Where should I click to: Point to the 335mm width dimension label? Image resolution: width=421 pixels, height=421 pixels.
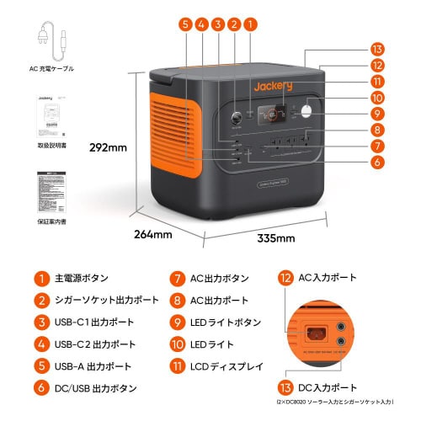click(x=275, y=238)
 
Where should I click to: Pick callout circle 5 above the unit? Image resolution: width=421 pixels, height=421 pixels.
click(x=185, y=24)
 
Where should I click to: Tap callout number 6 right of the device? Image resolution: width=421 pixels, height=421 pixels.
click(x=377, y=162)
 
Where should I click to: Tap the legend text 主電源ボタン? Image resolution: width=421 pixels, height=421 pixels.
click(x=82, y=278)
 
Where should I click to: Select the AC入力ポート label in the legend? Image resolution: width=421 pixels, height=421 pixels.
click(x=328, y=277)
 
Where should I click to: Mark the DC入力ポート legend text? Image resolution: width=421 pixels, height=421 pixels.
click(x=328, y=387)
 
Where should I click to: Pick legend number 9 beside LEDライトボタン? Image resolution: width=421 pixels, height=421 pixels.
click(x=177, y=322)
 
